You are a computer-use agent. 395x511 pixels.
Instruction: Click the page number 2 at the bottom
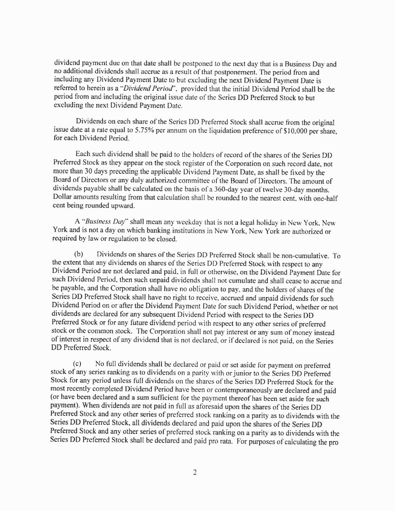(x=195, y=472)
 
